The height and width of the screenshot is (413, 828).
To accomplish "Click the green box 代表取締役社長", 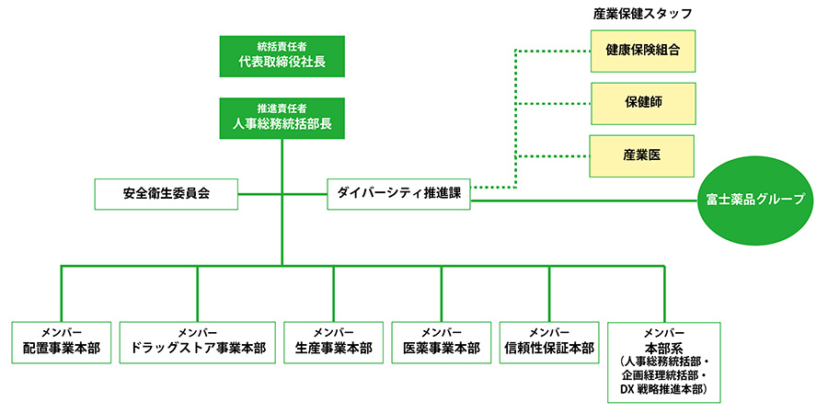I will pos(282,56).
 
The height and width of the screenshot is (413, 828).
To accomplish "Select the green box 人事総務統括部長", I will pos(282,119).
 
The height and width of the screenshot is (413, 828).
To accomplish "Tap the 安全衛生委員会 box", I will pos(167,194).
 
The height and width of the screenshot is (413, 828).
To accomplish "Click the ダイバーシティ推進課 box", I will pos(398,194).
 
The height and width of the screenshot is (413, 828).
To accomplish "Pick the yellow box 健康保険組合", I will pos(643,51).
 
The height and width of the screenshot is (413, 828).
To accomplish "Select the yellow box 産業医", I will pos(643,155).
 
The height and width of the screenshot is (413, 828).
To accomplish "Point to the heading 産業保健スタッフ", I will pos(643,14).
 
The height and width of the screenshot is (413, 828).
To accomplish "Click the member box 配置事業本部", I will pos(62,342).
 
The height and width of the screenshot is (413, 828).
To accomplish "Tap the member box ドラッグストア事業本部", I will pos(198,342).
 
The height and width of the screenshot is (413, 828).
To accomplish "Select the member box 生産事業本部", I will pos(333,342).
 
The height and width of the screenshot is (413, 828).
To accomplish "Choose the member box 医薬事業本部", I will pos(442,342).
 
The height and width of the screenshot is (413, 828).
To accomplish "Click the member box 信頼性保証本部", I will pos(549,342).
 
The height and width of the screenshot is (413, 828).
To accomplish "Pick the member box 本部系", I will pos(663,361).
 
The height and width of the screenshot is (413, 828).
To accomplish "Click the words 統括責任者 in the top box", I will pos(282,46).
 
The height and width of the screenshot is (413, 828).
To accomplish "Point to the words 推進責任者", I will pos(282,109).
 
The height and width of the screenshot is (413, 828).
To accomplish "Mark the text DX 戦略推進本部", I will pos(662,390).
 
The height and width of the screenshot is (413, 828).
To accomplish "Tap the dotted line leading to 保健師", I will pos(552,104).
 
